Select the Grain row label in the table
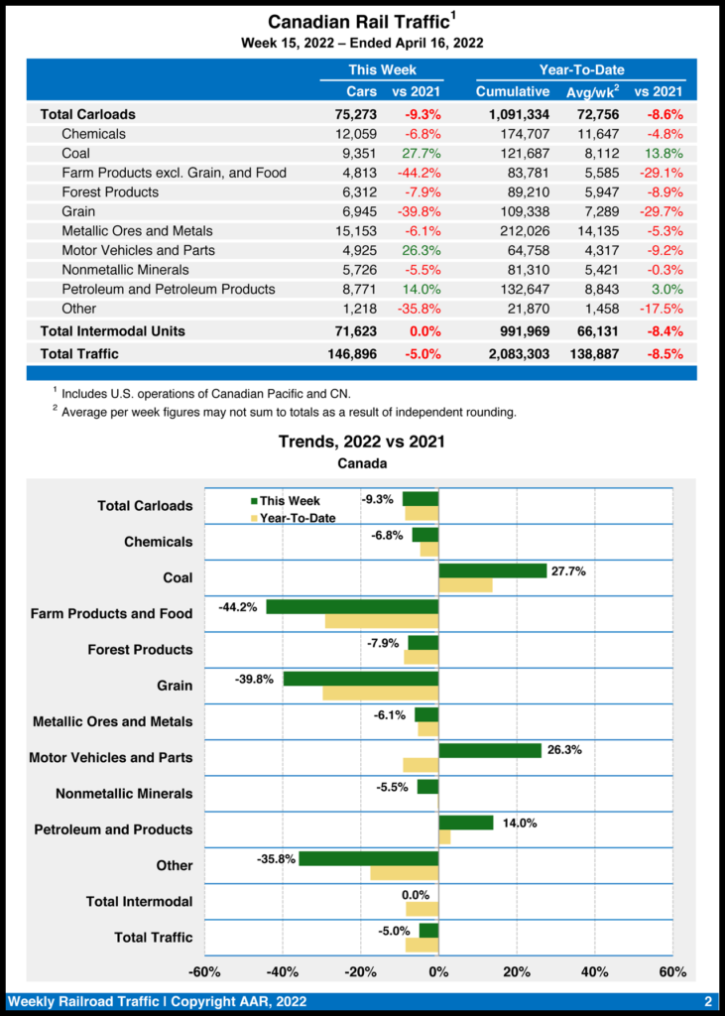[x=78, y=211]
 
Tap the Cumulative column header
[x=513, y=91]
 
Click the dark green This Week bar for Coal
[x=493, y=571]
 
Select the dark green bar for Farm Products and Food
[x=352, y=606]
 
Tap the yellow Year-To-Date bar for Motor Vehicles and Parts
[x=421, y=764]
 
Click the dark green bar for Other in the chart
[x=368, y=858]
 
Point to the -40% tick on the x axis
[x=283, y=971]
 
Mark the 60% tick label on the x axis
[x=671, y=971]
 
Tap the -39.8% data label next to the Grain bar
[x=255, y=679]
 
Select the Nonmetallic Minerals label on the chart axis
[x=124, y=794]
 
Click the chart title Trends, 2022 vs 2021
[x=361, y=442]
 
